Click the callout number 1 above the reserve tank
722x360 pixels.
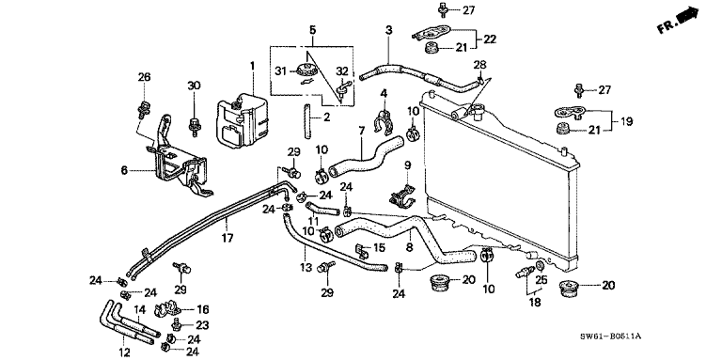(x=252, y=64)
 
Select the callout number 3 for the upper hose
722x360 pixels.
(x=387, y=32)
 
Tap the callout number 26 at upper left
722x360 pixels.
(x=144, y=76)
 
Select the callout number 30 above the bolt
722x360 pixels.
(x=195, y=86)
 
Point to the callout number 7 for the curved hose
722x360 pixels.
(x=361, y=129)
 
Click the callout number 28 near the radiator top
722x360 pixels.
(x=479, y=64)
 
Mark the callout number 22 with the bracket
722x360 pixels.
(x=490, y=39)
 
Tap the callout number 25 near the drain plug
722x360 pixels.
(x=540, y=279)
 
